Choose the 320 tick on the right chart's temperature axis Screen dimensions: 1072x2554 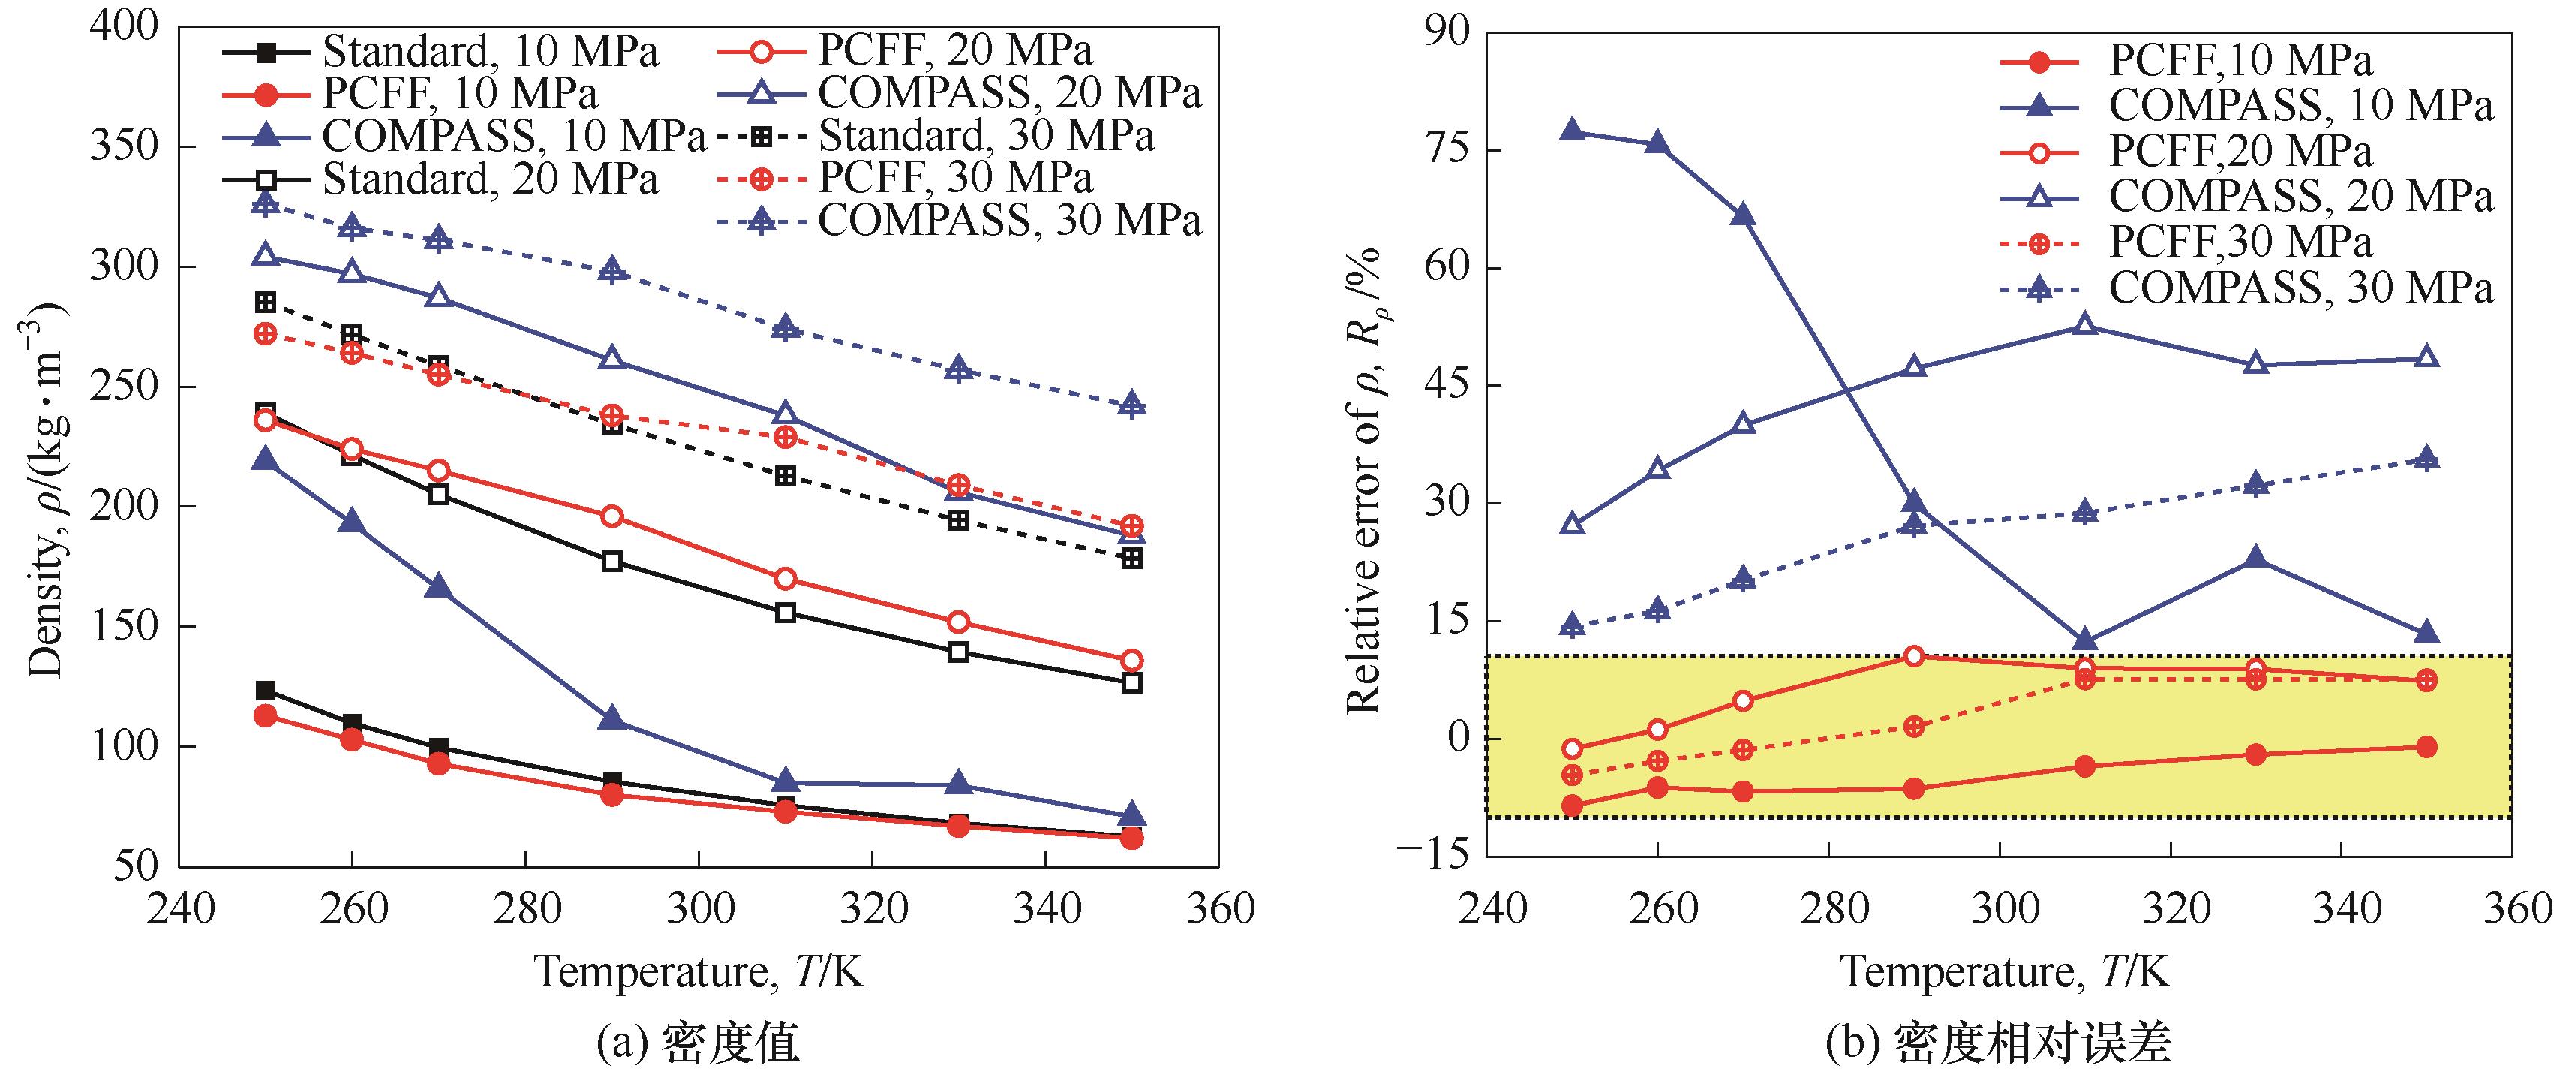pos(2171,908)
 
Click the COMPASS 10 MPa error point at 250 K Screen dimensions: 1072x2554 pos(1571,130)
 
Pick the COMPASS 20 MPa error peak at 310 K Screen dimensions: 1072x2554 pos(2085,324)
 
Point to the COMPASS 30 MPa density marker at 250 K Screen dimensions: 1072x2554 pos(265,204)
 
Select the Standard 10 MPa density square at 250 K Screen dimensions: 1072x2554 pos(265,690)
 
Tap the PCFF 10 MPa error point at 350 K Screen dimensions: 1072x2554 pos(2426,747)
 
